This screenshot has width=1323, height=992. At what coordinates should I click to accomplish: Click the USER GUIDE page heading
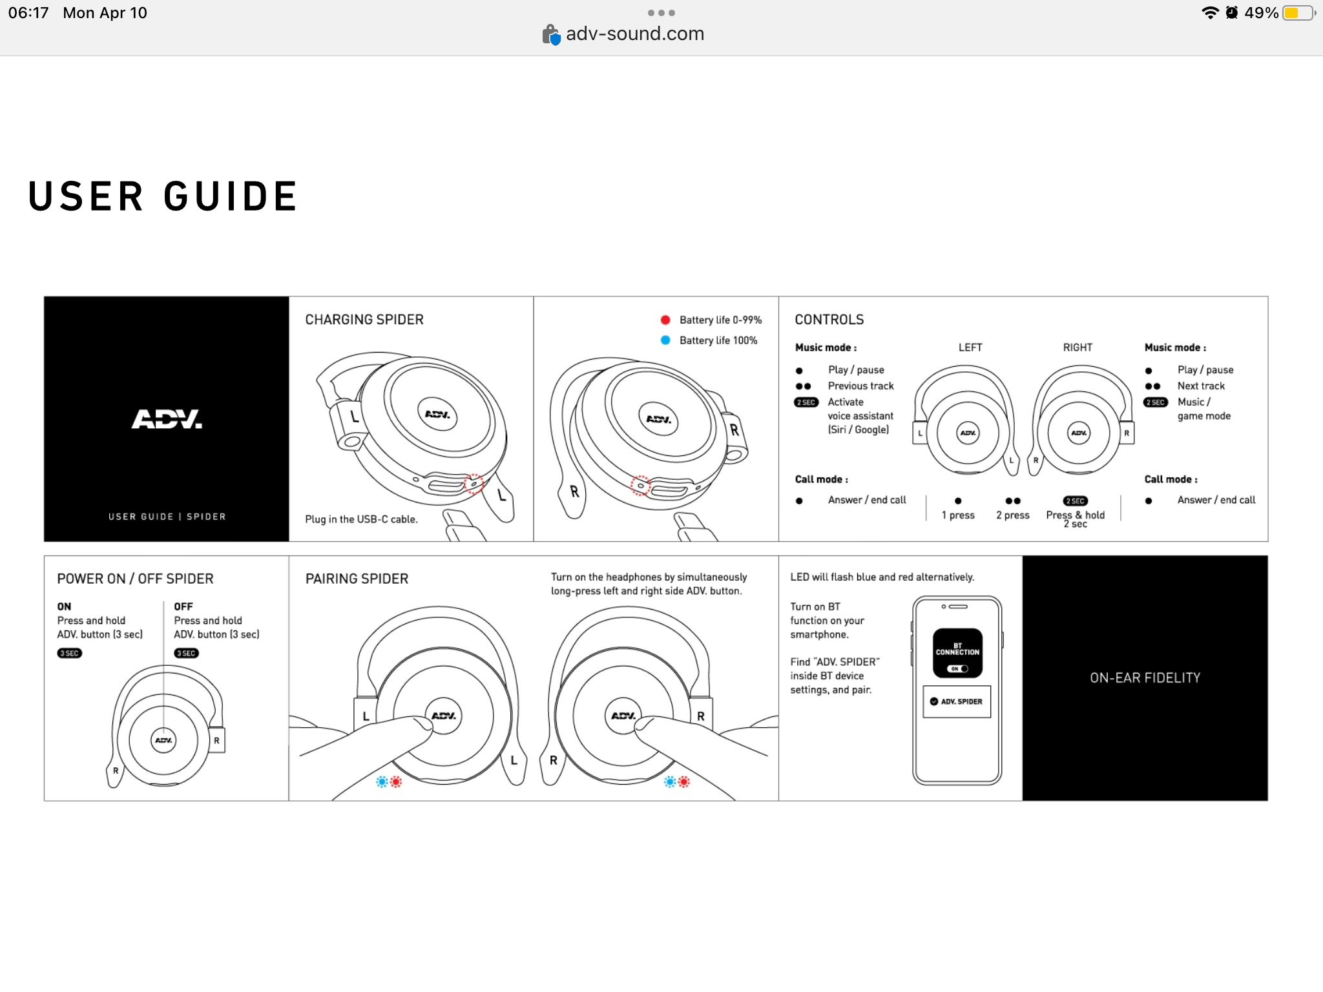[x=163, y=196]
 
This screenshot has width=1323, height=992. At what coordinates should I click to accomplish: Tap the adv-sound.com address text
[x=634, y=34]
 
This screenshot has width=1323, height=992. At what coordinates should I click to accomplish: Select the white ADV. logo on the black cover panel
[x=167, y=419]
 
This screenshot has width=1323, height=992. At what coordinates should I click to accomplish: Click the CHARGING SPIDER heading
[x=364, y=320]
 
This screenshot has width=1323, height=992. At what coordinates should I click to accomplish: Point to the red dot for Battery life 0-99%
[x=665, y=320]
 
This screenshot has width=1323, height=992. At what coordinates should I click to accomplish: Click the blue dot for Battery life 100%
[x=665, y=340]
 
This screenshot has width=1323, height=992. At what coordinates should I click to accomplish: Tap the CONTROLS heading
[x=829, y=320]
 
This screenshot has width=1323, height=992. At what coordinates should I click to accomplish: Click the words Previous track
[x=860, y=386]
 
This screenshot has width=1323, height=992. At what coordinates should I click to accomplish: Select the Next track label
[x=1201, y=386]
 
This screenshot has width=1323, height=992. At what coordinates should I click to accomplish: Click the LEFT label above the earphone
[x=970, y=347]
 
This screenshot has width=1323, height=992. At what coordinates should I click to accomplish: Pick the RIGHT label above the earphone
[x=1078, y=347]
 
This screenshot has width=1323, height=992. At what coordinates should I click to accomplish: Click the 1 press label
[x=958, y=515]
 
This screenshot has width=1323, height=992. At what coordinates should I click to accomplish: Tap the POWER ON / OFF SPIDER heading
[x=135, y=579]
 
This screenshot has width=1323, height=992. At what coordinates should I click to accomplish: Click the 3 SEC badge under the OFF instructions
[x=186, y=653]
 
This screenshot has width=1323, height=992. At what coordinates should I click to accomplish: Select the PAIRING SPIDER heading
[x=357, y=579]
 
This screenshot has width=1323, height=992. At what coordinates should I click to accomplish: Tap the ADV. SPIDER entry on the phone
[x=957, y=701]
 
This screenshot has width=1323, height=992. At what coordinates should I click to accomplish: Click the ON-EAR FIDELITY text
[x=1145, y=677]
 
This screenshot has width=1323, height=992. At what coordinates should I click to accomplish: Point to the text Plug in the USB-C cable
[x=361, y=519]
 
